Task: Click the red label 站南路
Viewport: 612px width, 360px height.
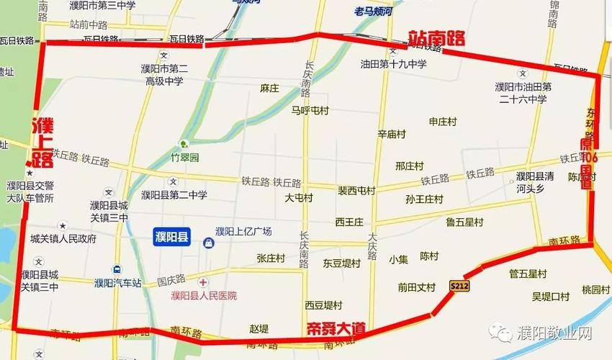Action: (437, 38)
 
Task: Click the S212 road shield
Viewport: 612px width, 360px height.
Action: (459, 286)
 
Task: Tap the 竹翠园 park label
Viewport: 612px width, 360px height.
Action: (184, 156)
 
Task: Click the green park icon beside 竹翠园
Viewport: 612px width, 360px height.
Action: (184, 143)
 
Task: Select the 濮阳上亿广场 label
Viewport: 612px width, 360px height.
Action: (243, 232)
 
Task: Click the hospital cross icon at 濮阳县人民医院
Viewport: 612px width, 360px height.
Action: (204, 282)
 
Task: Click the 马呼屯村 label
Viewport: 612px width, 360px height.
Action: (310, 111)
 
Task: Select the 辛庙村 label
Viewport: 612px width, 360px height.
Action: (392, 134)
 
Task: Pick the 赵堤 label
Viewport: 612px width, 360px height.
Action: (258, 328)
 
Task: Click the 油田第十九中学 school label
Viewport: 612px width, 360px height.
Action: (394, 64)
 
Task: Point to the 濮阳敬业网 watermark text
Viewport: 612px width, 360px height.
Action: (554, 333)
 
